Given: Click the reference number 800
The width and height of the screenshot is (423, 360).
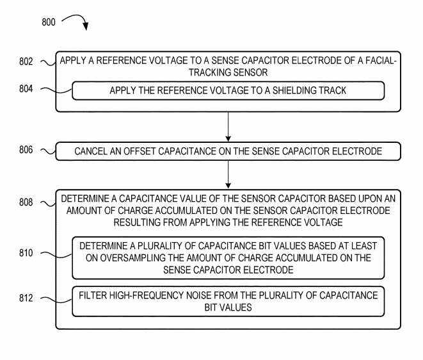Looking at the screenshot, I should [49, 22].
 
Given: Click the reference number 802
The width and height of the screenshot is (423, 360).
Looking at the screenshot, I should [28, 61].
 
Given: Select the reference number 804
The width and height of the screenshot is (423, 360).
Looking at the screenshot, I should [28, 90].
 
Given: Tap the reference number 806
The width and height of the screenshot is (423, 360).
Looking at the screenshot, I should [28, 151].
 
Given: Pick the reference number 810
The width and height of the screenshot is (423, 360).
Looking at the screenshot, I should [28, 254].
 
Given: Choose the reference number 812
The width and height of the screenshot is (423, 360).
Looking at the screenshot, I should [28, 299].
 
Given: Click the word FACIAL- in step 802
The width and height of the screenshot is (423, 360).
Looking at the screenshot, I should [379, 61].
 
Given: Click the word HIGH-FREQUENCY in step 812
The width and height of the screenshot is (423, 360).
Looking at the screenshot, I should [153, 295].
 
